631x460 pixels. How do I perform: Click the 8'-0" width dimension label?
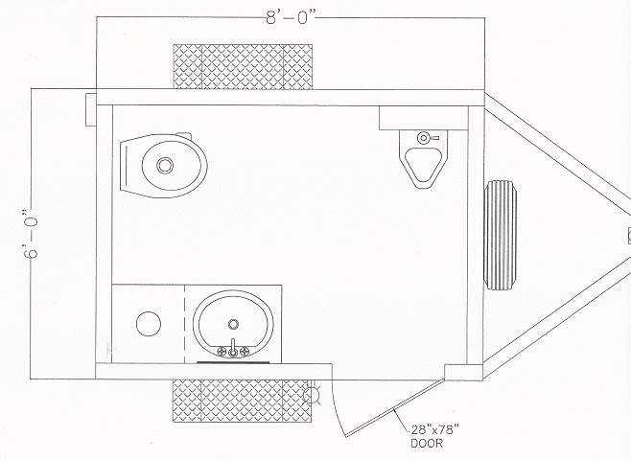pyautogui.click(x=291, y=17)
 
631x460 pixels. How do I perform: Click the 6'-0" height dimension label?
pyautogui.click(x=31, y=233)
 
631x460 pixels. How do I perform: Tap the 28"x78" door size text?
pyautogui.click(x=434, y=430)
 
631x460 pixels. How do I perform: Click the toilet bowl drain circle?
pyautogui.click(x=165, y=165)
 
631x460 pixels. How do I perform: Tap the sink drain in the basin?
pyautogui.click(x=233, y=324)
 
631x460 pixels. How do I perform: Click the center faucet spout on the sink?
pyautogui.click(x=233, y=348)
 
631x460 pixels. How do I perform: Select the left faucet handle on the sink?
pyautogui.click(x=222, y=352)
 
